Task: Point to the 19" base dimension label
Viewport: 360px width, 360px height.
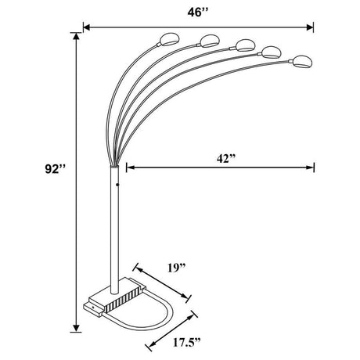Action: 177,271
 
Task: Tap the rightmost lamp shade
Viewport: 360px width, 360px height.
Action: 301,60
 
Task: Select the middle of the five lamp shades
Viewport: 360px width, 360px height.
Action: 244,44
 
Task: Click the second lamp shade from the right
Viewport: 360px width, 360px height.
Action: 271,52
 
